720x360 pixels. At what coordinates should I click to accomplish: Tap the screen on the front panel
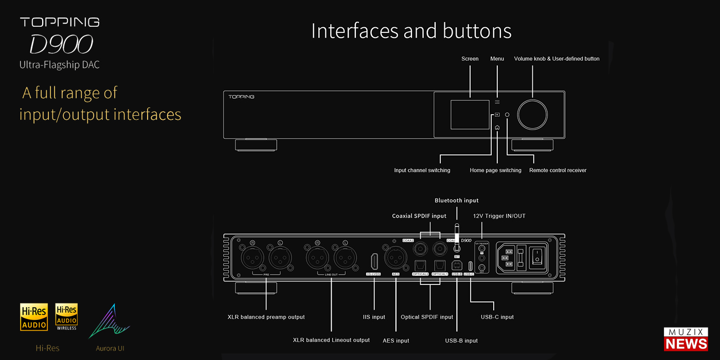point(470,115)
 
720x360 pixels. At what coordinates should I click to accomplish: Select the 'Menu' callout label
point(497,59)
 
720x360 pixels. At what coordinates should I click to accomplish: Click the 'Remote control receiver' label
point(557,170)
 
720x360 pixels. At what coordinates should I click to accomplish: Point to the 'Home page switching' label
point(495,170)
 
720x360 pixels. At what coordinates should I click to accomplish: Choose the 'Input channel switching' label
point(422,170)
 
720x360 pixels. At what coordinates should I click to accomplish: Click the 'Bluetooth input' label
point(456,201)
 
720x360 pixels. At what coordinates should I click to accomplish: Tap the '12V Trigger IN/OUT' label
point(499,216)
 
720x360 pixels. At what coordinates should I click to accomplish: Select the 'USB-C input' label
point(497,317)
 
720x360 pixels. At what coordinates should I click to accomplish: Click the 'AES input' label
point(395,340)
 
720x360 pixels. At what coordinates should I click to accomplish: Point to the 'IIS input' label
point(374,317)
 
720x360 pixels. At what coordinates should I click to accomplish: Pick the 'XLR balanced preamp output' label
point(266,317)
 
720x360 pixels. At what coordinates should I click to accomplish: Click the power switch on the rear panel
point(537,256)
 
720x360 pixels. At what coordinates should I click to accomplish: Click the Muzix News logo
point(686,339)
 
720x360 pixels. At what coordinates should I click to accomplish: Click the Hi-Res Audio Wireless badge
point(66,316)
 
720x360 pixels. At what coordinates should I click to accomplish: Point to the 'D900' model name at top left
point(60,45)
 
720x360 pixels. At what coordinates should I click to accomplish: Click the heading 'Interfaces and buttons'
point(411,31)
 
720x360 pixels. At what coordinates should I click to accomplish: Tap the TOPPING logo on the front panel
point(242,97)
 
